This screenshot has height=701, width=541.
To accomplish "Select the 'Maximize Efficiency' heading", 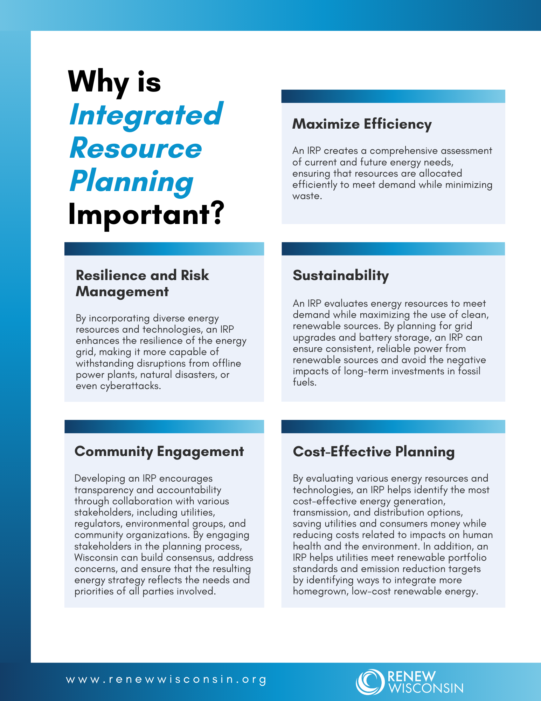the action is click(x=362, y=124).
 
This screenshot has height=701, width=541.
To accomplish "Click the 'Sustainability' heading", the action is click(x=341, y=276).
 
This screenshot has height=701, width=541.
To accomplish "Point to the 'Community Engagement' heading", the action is click(x=159, y=452).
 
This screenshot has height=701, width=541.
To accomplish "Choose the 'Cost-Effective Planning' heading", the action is click(x=374, y=452).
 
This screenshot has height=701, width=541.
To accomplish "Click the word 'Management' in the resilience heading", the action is click(x=122, y=292).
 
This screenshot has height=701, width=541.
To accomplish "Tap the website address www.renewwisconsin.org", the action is click(x=166, y=680).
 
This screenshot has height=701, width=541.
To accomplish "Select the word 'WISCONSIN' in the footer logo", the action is click(x=425, y=688).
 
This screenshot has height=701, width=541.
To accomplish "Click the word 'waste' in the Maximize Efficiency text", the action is click(x=306, y=196).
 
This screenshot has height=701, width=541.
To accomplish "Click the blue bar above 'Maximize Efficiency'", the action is click(x=393, y=96).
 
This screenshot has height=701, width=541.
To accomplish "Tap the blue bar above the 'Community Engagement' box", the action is click(x=164, y=427).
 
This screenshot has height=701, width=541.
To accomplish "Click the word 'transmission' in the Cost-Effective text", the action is click(x=321, y=512).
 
